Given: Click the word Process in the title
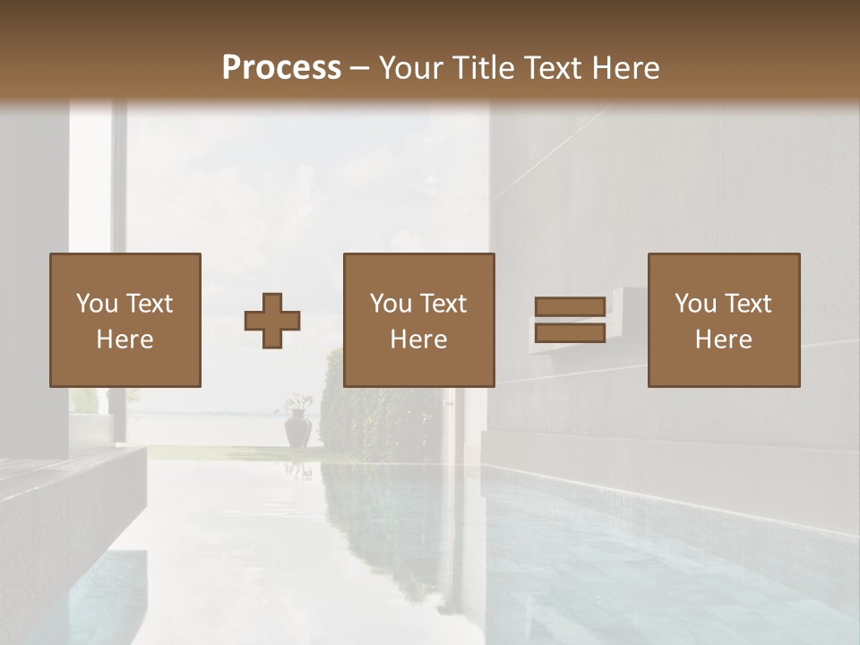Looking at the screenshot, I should (x=281, y=67).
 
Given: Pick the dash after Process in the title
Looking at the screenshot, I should (x=360, y=68).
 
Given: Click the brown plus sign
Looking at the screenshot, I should (x=272, y=321).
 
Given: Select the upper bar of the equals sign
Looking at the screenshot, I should (x=570, y=307).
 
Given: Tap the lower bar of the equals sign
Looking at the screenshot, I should (x=570, y=333).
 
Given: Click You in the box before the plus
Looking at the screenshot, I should (x=96, y=304).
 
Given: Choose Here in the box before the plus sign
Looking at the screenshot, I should (x=125, y=340).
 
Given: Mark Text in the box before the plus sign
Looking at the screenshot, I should (x=149, y=304).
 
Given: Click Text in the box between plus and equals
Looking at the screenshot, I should (x=443, y=304).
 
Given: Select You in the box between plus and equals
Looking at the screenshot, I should (x=390, y=304).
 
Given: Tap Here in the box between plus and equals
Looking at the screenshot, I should (x=418, y=340).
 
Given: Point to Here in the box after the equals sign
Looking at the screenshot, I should (x=723, y=340).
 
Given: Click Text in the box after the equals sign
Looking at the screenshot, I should (x=747, y=304).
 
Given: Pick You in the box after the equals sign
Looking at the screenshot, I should (x=694, y=304).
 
